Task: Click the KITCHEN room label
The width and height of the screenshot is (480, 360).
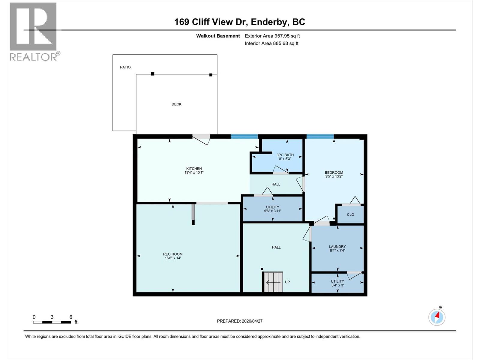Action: [194, 169]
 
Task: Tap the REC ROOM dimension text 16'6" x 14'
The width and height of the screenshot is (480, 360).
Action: [173, 258]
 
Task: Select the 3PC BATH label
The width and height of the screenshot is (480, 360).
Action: [285, 155]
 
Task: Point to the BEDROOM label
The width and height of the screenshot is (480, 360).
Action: [334, 172]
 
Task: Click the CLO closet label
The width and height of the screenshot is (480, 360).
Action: [350, 214]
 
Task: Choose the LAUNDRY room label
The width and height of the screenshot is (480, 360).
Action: [337, 247]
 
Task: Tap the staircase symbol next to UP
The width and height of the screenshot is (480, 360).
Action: [273, 282]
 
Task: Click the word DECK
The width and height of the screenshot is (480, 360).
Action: [176, 104]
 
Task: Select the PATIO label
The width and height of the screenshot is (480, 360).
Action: [125, 67]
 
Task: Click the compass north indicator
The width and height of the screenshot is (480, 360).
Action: [437, 317]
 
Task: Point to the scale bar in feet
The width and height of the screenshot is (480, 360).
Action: [52, 322]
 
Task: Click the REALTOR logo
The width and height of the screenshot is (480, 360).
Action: [33, 31]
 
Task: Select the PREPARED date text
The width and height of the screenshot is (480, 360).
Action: [240, 321]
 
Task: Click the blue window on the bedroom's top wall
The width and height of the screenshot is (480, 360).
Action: [320, 136]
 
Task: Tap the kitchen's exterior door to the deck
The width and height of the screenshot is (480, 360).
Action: [201, 139]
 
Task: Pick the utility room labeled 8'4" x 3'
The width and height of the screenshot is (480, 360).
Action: [337, 283]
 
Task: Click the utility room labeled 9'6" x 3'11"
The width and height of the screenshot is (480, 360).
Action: [272, 209]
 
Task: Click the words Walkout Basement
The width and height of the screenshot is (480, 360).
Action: [218, 36]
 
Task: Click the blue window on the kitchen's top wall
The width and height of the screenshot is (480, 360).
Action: [244, 136]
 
